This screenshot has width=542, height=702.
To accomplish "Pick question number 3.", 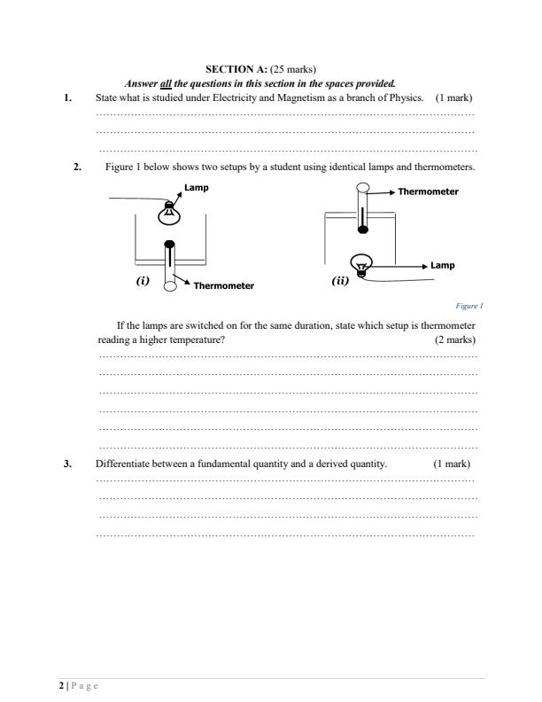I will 68,464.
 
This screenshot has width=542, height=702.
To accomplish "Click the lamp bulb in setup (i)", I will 167,213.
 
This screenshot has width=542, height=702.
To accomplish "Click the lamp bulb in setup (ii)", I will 361,263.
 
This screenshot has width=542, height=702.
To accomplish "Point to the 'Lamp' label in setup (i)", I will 197,188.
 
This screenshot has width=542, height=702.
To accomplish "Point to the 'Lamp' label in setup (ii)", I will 442,265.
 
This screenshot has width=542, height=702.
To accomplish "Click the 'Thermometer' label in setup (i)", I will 223,285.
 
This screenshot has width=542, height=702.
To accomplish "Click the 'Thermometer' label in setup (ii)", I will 428,191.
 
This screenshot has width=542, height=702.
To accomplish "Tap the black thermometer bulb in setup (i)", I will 168,244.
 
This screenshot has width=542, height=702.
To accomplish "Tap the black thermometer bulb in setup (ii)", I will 362,230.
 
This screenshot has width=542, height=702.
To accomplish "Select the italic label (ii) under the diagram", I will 340,281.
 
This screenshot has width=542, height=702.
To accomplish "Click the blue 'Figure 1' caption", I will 468,306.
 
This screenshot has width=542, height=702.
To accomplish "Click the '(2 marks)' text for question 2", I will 454,339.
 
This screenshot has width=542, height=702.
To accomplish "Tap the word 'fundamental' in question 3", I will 217,464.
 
